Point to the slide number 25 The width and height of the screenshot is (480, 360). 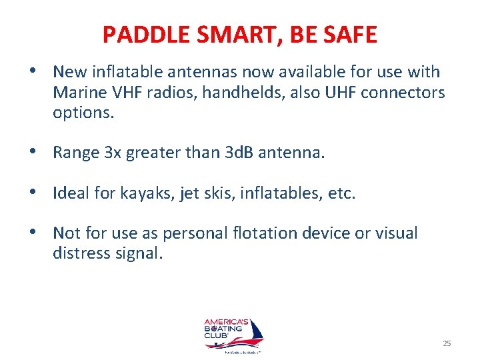tap(447, 343)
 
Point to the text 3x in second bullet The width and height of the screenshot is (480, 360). tap(113, 153)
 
